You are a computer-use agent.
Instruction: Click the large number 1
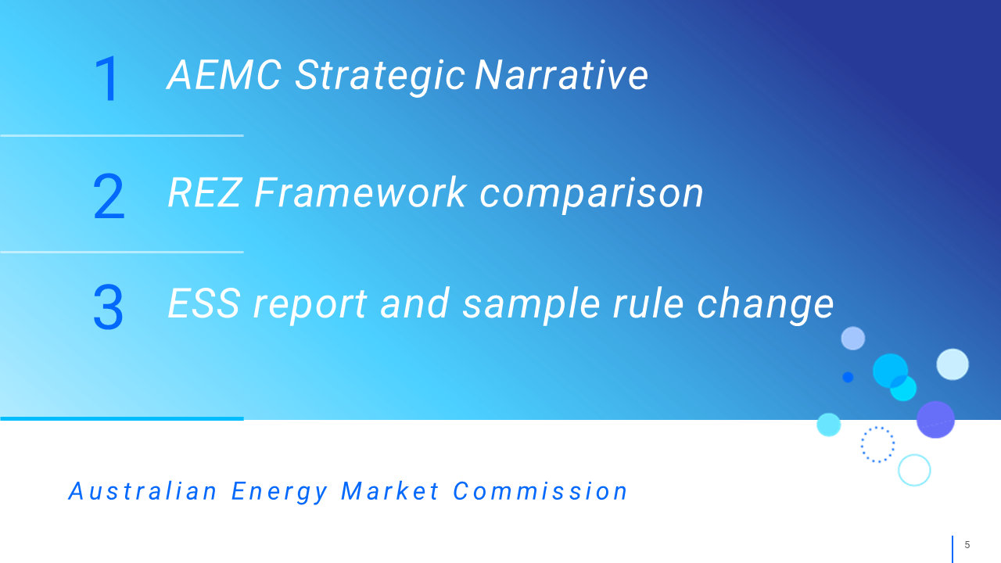(x=107, y=79)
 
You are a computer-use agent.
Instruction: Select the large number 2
(x=109, y=196)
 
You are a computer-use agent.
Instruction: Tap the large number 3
(x=108, y=307)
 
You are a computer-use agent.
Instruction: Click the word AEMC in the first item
(x=224, y=75)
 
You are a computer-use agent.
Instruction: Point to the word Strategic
(x=380, y=77)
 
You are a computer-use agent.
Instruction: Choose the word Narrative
(x=561, y=75)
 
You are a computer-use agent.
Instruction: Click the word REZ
(x=205, y=192)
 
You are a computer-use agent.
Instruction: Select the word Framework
(x=361, y=192)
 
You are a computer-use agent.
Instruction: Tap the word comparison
(x=592, y=195)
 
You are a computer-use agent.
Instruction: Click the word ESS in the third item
(x=204, y=303)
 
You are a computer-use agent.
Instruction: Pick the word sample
(x=530, y=306)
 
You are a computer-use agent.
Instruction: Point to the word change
(x=766, y=306)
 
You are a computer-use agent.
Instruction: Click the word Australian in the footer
(x=143, y=491)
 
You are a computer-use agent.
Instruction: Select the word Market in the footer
(x=390, y=491)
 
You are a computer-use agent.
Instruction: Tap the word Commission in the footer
(x=540, y=491)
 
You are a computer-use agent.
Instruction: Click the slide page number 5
(x=967, y=545)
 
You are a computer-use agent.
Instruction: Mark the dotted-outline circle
(x=877, y=428)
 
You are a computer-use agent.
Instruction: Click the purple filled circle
(x=935, y=420)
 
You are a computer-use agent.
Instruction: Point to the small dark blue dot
(x=848, y=378)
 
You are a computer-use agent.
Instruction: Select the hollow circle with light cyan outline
(x=914, y=455)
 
